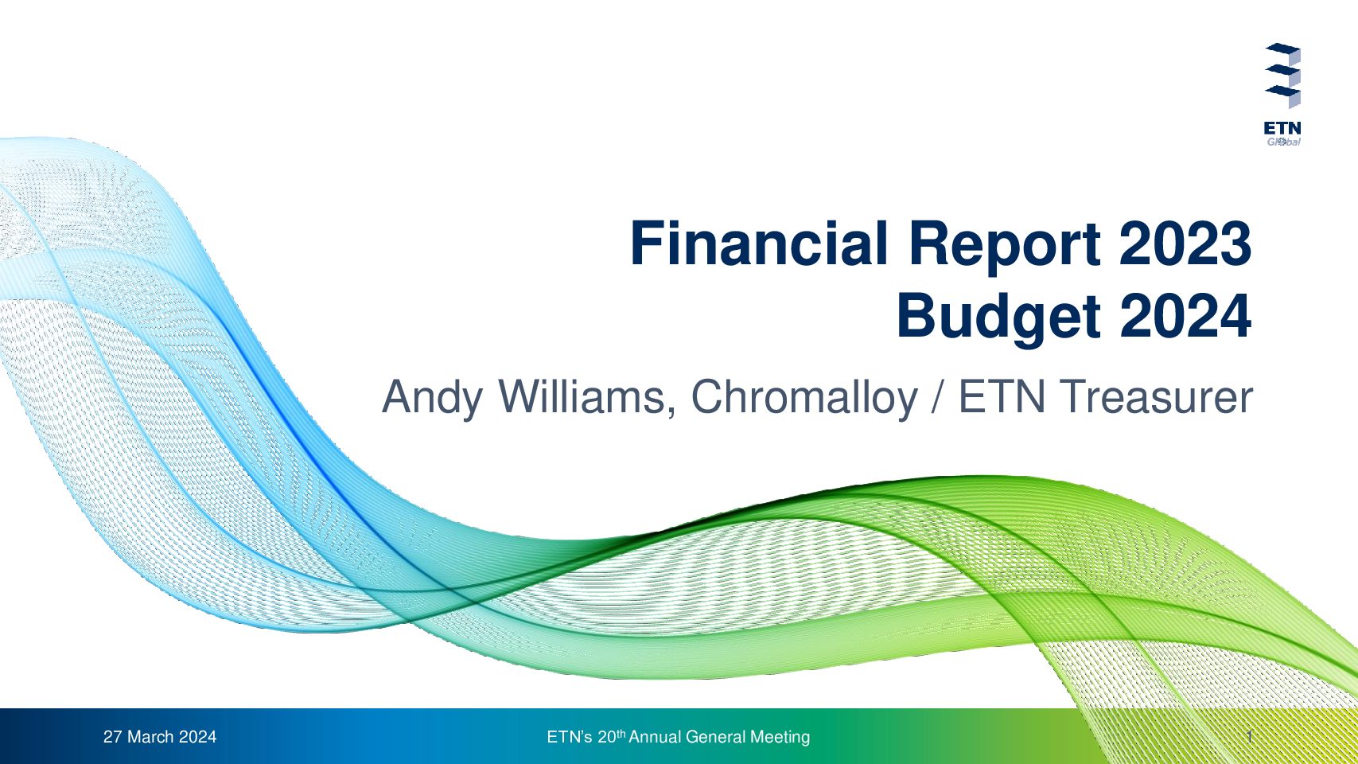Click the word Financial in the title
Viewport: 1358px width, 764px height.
point(759,244)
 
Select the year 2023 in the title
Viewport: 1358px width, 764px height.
point(1185,244)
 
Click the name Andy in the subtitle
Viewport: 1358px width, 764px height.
point(432,399)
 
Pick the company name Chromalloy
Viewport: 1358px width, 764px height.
point(804,399)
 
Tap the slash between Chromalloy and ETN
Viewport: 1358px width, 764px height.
point(938,397)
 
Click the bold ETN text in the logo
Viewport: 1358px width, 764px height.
point(1282,129)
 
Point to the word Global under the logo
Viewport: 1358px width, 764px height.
point(1283,142)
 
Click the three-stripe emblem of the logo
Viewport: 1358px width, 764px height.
point(1283,76)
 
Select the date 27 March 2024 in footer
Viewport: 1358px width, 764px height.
point(160,737)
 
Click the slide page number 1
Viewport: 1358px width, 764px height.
point(1250,737)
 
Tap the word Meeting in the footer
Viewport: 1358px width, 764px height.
point(780,737)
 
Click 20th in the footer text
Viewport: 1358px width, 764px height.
point(611,736)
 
